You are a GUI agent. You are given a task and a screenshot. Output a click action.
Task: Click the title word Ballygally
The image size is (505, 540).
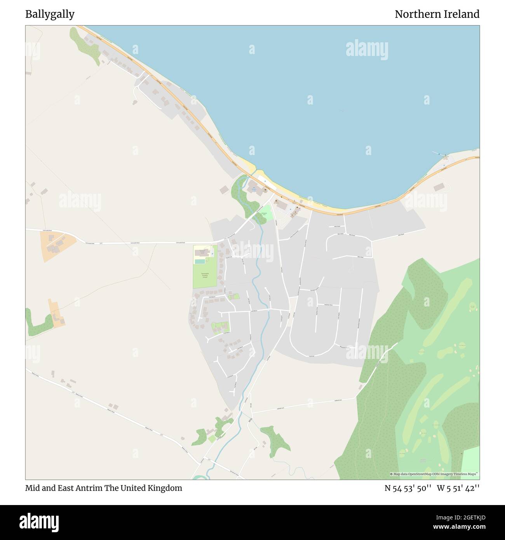[50, 14]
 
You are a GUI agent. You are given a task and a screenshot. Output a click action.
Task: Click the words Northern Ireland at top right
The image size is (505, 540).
[437, 14]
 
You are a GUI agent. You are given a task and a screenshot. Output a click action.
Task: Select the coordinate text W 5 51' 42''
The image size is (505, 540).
[458, 488]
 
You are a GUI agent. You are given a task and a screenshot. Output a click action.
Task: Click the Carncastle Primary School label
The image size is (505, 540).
[204, 275]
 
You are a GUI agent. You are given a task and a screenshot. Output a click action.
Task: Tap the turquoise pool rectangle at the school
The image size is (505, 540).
[200, 262]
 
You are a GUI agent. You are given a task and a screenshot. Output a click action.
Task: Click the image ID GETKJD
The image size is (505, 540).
[465, 517]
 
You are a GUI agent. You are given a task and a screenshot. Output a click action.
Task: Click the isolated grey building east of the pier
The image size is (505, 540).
[439, 187]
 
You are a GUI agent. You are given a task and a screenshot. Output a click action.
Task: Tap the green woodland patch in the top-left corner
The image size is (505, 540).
[84, 45]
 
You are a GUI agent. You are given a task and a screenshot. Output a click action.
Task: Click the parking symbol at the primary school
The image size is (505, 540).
[212, 254]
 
